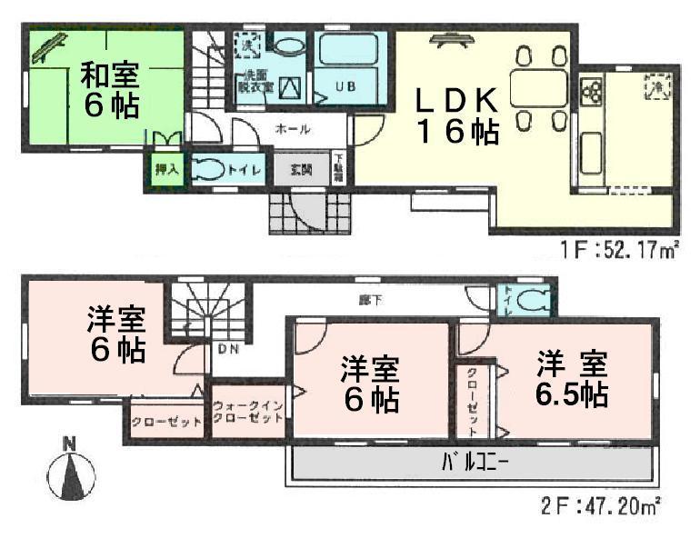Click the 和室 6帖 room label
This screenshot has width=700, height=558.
point(111,89)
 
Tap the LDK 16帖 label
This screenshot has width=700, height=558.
point(456,115)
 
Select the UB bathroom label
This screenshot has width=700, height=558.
point(346,88)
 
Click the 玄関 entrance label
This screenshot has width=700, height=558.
point(302,170)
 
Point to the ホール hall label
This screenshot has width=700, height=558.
point(292,130)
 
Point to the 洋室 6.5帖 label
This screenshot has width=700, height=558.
point(571,380)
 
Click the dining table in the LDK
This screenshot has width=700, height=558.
point(539,87)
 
